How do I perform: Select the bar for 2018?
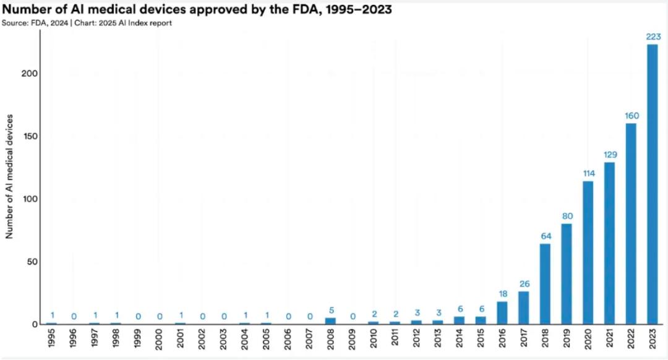pos(545,284)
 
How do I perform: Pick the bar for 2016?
pos(502,312)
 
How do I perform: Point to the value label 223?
pos(652,36)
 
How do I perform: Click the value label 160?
pos(630,116)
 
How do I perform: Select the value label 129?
pos(609,155)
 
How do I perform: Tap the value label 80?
pos(567,216)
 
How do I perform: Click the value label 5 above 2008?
pos(330,310)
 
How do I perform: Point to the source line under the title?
pos(87,23)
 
